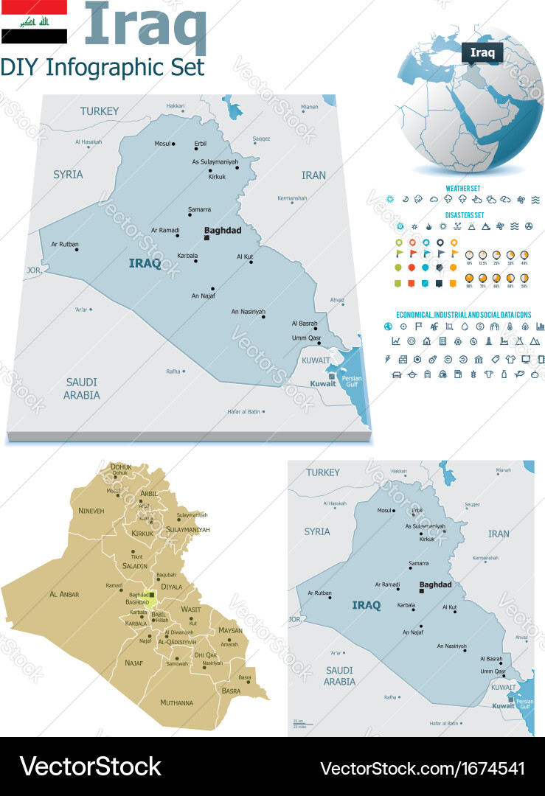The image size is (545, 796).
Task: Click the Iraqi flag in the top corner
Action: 34,22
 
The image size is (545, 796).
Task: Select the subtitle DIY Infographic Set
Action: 103,67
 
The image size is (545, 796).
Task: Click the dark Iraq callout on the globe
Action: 482,52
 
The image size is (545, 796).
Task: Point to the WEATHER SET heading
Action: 463,189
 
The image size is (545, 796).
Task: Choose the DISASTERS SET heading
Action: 464,214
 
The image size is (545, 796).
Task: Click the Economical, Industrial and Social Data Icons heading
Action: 464,314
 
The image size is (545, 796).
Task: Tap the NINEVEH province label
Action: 91,510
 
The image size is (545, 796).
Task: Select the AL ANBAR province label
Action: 64,594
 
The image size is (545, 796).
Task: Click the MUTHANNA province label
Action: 176,702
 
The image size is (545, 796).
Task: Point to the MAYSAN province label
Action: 230,631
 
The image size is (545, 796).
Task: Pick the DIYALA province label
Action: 171,587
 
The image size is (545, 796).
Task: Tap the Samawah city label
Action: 177,663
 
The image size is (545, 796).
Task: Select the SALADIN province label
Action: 135,566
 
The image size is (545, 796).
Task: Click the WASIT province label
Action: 191,610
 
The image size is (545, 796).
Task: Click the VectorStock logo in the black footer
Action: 90,767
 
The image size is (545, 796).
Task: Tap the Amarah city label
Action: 229,643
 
